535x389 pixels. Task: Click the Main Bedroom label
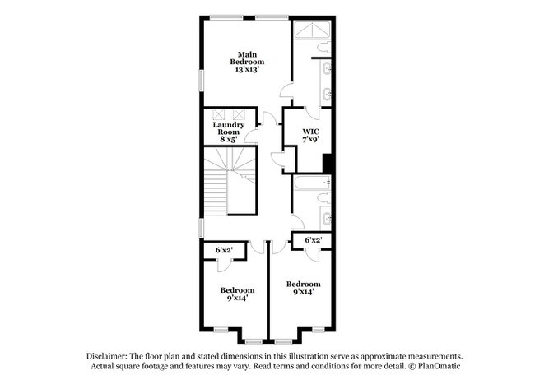pos(246,63)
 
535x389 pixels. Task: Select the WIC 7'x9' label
pos(310,136)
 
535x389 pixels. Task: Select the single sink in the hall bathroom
pos(327,220)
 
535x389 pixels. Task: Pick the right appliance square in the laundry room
pos(240,114)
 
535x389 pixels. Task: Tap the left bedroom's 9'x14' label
pos(236,294)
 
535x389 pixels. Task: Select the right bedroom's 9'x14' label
pos(304,288)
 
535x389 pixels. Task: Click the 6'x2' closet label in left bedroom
pos(224,249)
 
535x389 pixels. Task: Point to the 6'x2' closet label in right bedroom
pos(313,240)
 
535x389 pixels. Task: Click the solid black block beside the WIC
pos(328,164)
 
